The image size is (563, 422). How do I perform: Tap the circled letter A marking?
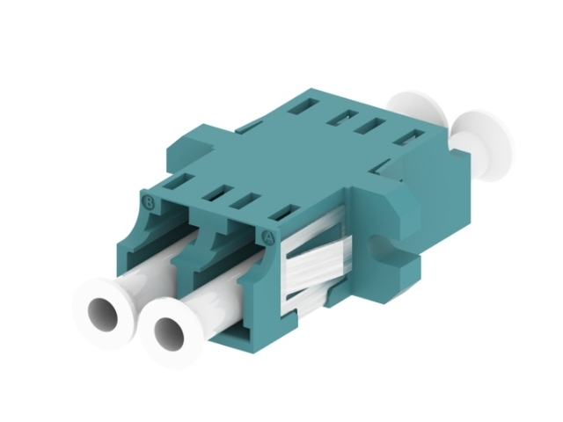click(270, 236)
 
